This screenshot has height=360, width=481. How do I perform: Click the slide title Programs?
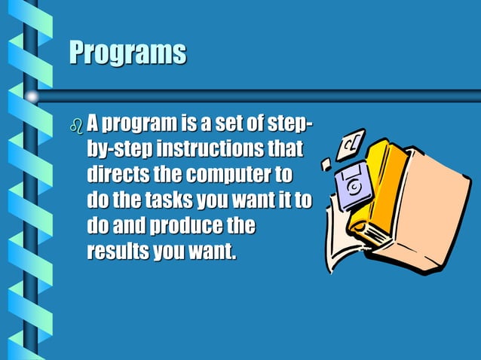point(127,53)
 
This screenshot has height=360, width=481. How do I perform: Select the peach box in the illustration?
point(434,203)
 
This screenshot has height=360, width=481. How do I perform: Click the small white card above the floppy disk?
point(352,143)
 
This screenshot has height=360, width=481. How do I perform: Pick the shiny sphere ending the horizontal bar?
point(32,96)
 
